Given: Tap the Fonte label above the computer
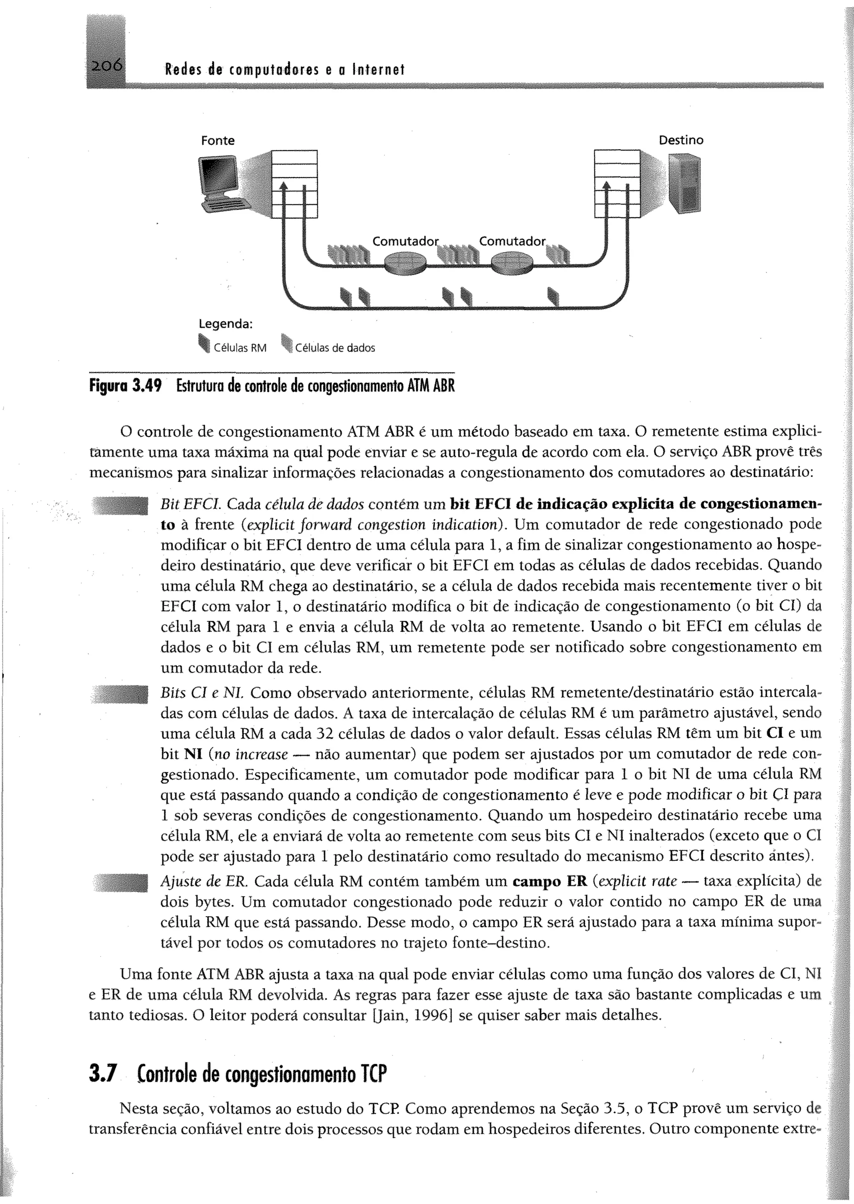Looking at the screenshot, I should click(x=218, y=141).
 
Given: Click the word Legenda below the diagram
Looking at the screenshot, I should click(x=226, y=324).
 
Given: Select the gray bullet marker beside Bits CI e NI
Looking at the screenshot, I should click(x=122, y=694).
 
